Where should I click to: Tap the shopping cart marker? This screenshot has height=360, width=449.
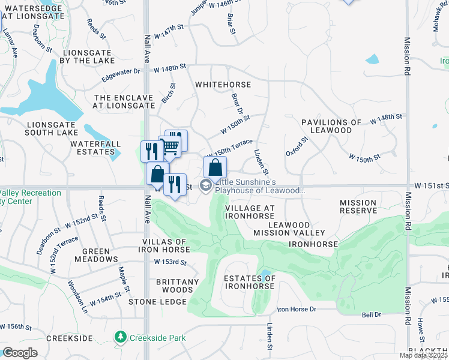coord(169,146)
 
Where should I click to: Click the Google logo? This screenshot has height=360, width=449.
coord(20,352)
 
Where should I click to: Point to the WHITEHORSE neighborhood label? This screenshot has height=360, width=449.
coord(223,85)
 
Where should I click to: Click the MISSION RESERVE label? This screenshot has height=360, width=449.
coord(358,207)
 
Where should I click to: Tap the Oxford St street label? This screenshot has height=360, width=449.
coord(297,146)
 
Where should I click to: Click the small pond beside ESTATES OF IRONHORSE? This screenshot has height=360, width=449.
coord(265,275)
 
